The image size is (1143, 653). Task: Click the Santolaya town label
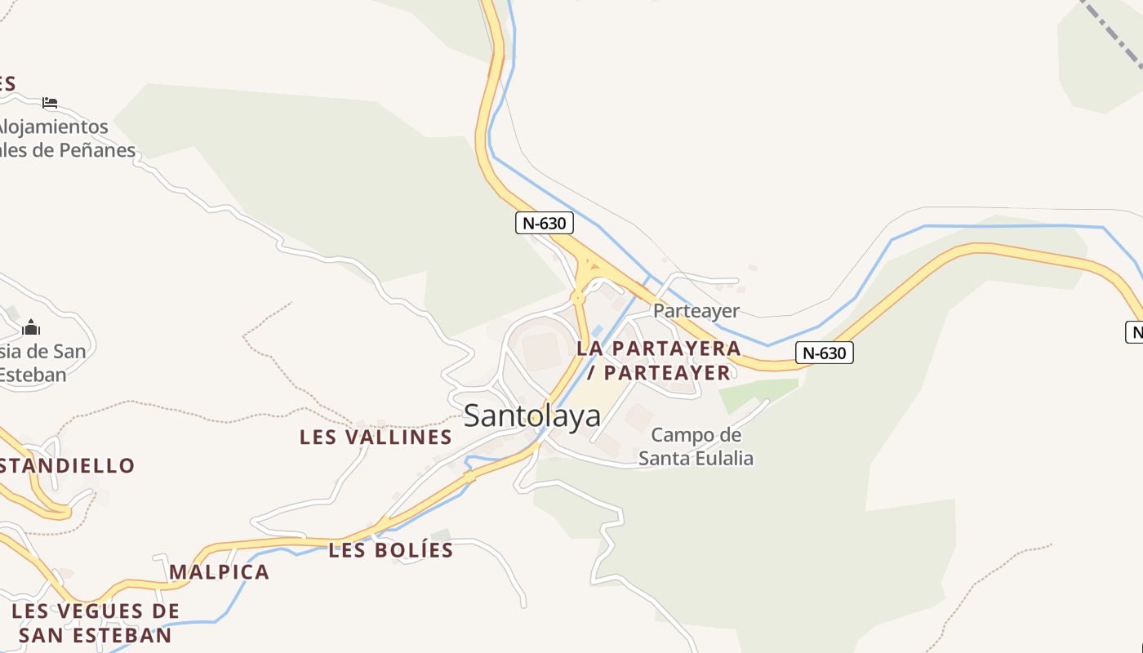[x=531, y=415]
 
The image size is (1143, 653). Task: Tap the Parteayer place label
[x=696, y=311]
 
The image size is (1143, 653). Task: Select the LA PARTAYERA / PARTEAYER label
[x=659, y=360]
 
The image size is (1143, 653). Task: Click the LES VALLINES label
[x=376, y=437]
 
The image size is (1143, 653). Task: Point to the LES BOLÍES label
[x=390, y=550]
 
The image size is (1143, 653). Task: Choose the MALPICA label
[x=219, y=571]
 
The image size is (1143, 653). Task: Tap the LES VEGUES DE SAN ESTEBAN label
[x=96, y=623]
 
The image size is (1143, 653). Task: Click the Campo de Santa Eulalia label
[x=696, y=446]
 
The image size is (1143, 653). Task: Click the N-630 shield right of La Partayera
[x=824, y=353]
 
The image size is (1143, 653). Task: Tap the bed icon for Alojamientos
[x=50, y=103]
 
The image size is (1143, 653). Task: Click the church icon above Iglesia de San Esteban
[x=31, y=328]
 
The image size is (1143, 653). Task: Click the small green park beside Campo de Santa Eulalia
[x=755, y=393]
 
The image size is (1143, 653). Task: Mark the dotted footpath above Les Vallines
[x=269, y=326]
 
